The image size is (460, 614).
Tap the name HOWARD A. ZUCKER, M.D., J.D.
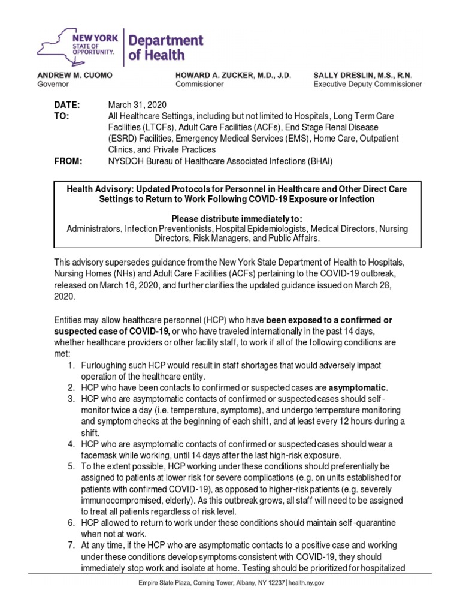click(233, 76)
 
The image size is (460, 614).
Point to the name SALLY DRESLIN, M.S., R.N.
click(368, 76)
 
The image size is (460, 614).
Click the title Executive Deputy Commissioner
click(368, 85)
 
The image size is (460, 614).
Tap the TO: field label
click(62, 116)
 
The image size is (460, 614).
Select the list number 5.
click(70, 466)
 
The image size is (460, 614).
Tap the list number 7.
click(70, 546)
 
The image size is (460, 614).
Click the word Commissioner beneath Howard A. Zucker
click(199, 85)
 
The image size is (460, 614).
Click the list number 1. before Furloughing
click(70, 365)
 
